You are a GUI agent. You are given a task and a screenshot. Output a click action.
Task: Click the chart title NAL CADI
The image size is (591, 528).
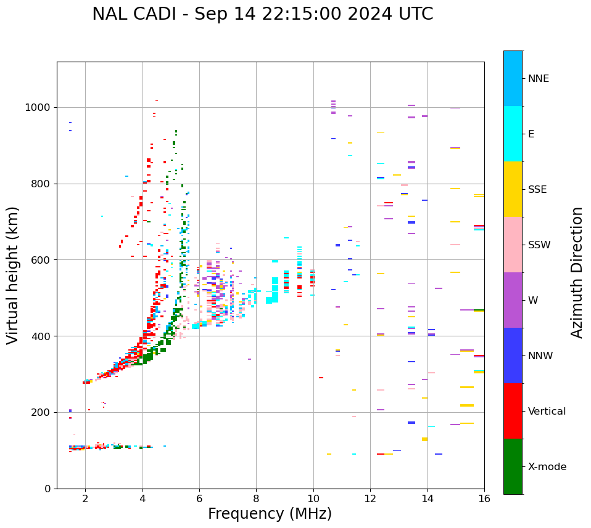tap(262, 14)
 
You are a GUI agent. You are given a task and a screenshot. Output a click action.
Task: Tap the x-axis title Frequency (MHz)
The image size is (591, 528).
tap(270, 514)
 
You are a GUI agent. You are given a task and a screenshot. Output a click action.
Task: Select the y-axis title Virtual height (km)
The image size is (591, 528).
tap(13, 275)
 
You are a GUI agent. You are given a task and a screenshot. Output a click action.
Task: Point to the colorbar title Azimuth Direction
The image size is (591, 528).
tap(577, 272)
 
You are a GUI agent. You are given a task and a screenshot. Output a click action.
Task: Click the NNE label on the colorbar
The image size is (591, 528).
tap(538, 79)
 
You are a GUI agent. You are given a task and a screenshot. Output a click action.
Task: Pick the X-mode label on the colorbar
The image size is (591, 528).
tap(547, 467)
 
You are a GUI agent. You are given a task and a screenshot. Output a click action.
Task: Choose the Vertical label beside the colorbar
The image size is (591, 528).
tap(547, 412)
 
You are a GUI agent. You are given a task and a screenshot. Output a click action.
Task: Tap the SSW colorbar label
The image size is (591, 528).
tap(539, 245)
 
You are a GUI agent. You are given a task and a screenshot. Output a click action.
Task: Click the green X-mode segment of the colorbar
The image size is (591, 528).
tap(513, 466)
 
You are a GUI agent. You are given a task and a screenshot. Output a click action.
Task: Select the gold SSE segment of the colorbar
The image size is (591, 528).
tap(513, 189)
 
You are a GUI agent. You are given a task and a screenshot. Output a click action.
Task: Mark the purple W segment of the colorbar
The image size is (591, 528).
tap(513, 300)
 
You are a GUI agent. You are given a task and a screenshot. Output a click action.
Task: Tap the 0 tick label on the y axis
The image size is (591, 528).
tap(48, 489)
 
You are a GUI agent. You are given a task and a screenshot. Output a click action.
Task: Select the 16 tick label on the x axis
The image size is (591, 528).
tap(484, 498)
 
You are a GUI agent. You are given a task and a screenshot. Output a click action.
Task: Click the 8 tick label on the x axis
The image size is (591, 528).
tap(256, 498)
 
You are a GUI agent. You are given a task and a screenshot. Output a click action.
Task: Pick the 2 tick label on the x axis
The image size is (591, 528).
tap(85, 498)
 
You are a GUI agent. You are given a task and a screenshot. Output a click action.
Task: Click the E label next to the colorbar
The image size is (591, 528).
tap(531, 134)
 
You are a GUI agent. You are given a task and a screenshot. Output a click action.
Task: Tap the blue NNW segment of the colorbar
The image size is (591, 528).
tap(513, 355)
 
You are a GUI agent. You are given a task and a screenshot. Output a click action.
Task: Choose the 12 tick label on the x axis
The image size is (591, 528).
tap(370, 498)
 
